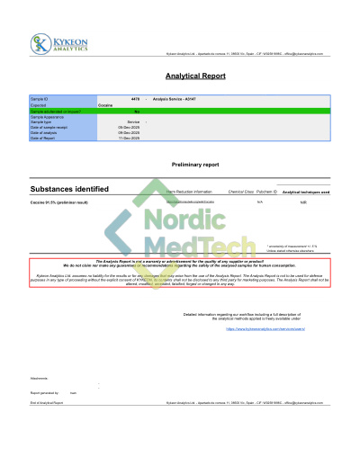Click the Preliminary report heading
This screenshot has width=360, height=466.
(195, 166)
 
